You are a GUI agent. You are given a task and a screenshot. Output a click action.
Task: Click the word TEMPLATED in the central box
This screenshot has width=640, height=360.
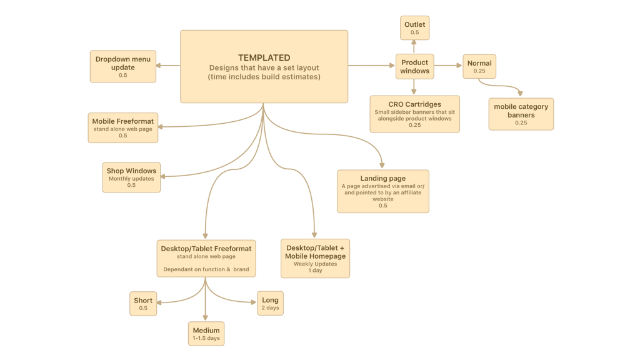264,57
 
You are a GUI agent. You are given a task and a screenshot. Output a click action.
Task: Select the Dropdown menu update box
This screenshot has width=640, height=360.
123,66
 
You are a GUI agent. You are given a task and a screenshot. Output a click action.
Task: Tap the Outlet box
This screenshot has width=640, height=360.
414,28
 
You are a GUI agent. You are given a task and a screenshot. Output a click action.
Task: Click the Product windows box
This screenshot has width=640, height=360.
414,66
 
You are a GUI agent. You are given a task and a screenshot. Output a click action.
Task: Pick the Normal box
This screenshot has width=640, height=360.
479,66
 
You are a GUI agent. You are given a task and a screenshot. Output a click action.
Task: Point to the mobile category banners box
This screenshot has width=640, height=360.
521,114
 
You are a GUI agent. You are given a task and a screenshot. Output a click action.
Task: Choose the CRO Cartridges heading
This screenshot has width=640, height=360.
414,104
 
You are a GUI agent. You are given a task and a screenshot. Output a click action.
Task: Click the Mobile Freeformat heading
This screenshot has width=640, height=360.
123,121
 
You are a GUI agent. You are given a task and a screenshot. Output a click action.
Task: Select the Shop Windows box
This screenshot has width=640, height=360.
131,177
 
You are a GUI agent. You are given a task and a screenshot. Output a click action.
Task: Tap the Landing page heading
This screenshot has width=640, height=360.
382,178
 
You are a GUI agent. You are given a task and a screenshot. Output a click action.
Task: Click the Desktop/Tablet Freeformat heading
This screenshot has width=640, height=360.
206,249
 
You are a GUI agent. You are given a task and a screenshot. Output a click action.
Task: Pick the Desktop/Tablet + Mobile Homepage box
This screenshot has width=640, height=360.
315,258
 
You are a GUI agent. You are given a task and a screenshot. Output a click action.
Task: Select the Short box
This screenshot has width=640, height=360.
143,304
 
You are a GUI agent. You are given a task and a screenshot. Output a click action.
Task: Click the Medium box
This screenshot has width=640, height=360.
206,334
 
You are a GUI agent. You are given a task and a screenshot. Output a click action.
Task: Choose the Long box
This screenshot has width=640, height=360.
270,303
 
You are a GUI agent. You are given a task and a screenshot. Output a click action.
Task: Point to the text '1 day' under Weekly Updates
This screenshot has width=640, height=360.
315,271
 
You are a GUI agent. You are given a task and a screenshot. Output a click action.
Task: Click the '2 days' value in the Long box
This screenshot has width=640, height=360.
270,308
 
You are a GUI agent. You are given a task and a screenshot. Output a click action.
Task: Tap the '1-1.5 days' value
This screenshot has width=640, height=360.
206,338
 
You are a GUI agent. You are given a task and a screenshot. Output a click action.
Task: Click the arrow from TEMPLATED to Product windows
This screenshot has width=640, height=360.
371,65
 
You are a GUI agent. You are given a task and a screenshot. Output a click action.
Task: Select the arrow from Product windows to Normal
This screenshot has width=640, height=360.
448,65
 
